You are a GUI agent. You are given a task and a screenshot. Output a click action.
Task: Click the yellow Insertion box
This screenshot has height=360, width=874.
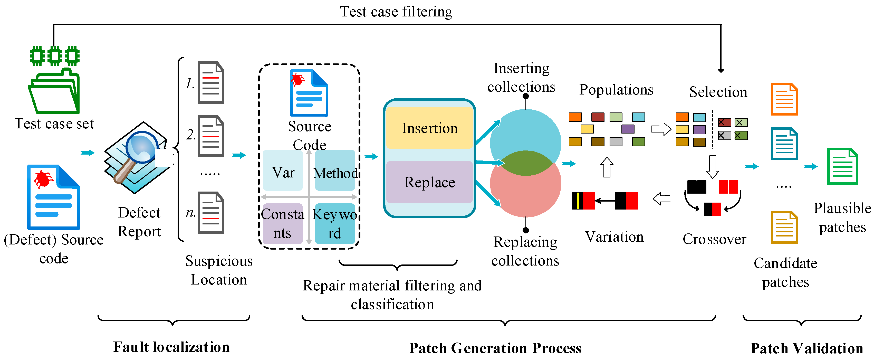429,128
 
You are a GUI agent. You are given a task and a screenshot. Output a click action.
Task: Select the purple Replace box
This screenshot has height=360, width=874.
429,182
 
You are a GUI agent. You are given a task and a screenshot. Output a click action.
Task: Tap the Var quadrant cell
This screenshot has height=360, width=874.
283,171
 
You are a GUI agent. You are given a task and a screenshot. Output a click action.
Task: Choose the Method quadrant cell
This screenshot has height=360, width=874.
335,171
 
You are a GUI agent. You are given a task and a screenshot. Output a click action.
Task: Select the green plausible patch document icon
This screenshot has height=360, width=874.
842,166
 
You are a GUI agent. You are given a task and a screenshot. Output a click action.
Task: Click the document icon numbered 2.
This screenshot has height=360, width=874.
211,136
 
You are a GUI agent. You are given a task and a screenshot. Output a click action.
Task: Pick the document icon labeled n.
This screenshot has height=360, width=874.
211,213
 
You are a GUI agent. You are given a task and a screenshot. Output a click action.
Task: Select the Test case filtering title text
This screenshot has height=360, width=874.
396,12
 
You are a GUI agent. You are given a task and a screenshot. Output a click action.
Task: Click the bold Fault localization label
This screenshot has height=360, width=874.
171,347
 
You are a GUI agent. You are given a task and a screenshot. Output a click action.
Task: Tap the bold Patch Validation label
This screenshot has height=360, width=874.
806,348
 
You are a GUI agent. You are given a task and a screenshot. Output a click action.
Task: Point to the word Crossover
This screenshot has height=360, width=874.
714,239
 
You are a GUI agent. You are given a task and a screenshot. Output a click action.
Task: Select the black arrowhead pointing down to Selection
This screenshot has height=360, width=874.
721,70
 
